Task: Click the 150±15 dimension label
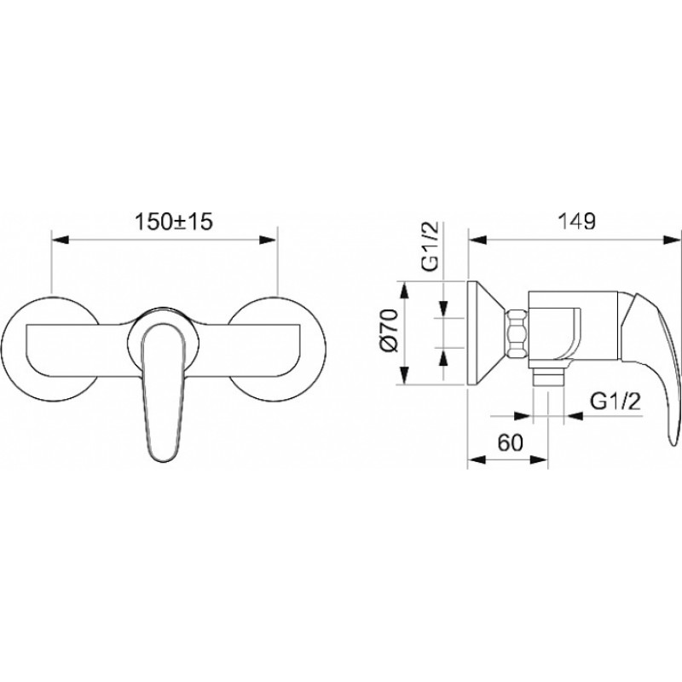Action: [x=174, y=222]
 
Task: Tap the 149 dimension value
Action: [x=577, y=222]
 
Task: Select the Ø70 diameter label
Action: [x=390, y=330]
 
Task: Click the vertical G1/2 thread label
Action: [x=431, y=246]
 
